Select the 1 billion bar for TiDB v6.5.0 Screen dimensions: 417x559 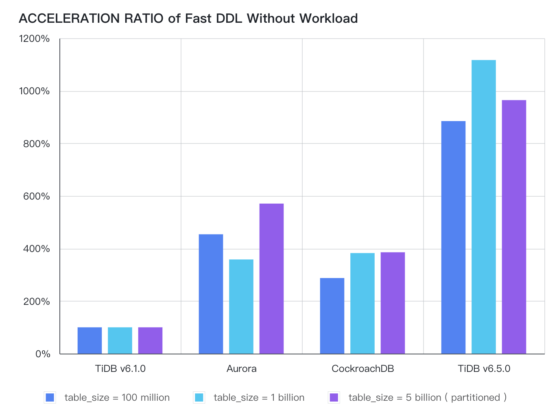tap(483, 207)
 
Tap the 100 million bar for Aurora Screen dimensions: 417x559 tap(211, 294)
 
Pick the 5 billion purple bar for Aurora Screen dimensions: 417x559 tap(271, 278)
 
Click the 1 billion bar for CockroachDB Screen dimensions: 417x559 tap(362, 303)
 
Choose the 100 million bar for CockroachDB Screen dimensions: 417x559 tap(332, 316)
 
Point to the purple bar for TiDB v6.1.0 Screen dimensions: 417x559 tap(150, 340)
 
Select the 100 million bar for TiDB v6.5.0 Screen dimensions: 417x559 tap(453, 237)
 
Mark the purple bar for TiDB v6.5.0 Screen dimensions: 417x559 tap(514, 227)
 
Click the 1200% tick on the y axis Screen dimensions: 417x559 tap(34, 39)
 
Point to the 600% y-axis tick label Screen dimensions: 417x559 tap(37, 196)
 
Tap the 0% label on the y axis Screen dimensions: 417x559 tap(43, 354)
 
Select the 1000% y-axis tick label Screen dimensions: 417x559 tap(34, 91)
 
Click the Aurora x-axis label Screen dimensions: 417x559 tap(241, 369)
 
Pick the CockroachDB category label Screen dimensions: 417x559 tap(362, 369)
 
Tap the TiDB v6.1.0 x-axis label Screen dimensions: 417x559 tap(120, 369)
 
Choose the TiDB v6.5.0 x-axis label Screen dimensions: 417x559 tap(484, 369)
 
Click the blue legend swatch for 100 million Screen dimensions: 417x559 tap(50, 397)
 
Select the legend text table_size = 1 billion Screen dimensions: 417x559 tap(259, 397)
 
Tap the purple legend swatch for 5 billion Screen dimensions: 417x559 tap(334, 397)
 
